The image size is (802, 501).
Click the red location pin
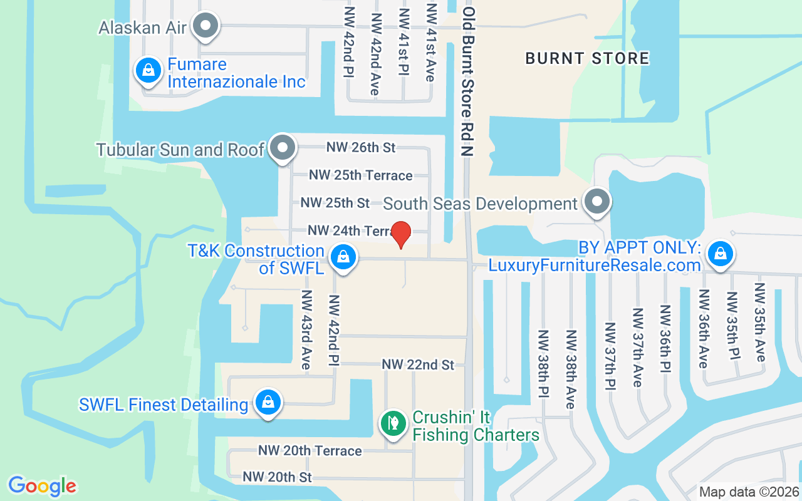[x=401, y=234]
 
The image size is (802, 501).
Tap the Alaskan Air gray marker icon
[x=205, y=26]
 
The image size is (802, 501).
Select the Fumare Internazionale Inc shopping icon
[x=148, y=70]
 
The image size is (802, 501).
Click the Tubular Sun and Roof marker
[x=283, y=148]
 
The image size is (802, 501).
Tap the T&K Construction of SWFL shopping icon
[x=343, y=256]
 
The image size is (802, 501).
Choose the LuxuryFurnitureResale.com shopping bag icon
[x=721, y=254]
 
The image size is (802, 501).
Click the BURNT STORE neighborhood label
[x=587, y=58]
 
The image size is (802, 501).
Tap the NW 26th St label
[x=361, y=147]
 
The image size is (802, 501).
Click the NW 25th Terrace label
[x=361, y=175]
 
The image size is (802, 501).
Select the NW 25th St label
[x=335, y=203]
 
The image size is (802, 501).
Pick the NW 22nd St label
[x=418, y=364]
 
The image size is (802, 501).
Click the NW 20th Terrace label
[x=310, y=451]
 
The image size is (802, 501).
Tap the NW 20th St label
[x=277, y=477]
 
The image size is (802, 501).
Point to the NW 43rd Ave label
[x=306, y=329]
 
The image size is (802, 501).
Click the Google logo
[x=43, y=485]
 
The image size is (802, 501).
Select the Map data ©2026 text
[x=749, y=492]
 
